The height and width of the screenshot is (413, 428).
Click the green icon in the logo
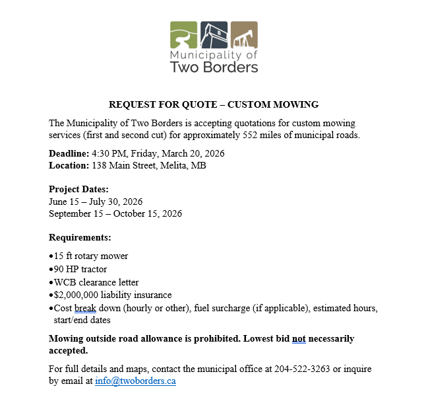(184, 34)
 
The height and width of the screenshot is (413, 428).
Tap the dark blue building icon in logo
(214, 34)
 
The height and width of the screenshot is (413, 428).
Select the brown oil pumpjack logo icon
(244, 34)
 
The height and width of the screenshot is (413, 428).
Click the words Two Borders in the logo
(214, 67)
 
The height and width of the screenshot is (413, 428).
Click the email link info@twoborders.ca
(135, 381)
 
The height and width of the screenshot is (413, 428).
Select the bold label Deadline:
(69, 153)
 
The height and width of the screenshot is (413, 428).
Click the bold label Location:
(69, 165)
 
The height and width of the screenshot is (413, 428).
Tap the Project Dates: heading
(78, 189)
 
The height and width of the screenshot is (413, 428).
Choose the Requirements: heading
(80, 237)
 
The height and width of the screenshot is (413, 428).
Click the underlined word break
(86, 308)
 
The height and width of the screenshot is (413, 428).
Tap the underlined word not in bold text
(299, 338)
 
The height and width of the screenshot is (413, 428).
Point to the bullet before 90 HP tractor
(51, 269)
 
